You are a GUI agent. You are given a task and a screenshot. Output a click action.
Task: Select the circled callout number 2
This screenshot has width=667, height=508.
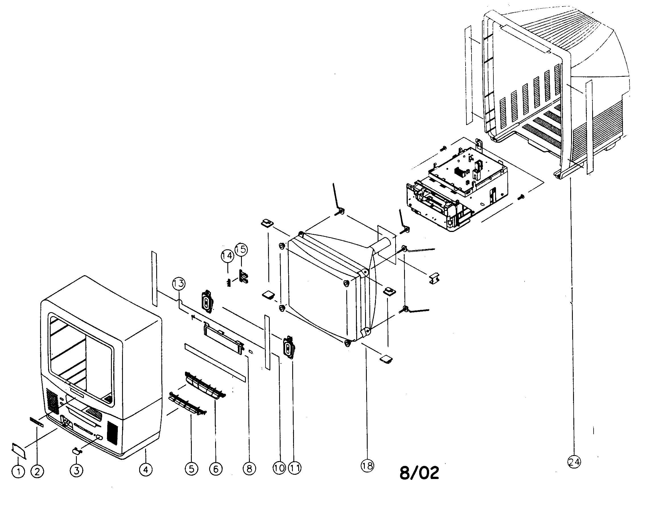tap(37, 471)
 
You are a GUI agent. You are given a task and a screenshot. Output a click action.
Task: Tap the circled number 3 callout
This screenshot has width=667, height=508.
tap(76, 470)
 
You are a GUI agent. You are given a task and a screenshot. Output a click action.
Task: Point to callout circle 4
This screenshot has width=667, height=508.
tap(146, 470)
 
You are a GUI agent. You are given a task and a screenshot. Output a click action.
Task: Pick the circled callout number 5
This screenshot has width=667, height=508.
tap(191, 469)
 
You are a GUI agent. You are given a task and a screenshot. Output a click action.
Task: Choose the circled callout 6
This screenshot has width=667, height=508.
tap(216, 469)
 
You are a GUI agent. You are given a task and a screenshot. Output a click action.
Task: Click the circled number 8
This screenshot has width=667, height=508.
tap(249, 469)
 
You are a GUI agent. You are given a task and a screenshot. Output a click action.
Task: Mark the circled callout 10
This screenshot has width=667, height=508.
tap(279, 468)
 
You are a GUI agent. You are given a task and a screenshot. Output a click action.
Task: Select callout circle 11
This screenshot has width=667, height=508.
tap(295, 468)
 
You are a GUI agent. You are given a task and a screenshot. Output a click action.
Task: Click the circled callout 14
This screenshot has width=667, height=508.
tap(227, 256)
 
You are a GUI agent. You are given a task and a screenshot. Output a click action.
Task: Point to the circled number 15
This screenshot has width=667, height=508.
tap(241, 250)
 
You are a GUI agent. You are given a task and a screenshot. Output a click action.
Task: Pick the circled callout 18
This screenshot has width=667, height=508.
tap(367, 466)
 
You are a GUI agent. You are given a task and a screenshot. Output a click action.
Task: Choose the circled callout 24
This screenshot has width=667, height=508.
tap(574, 462)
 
